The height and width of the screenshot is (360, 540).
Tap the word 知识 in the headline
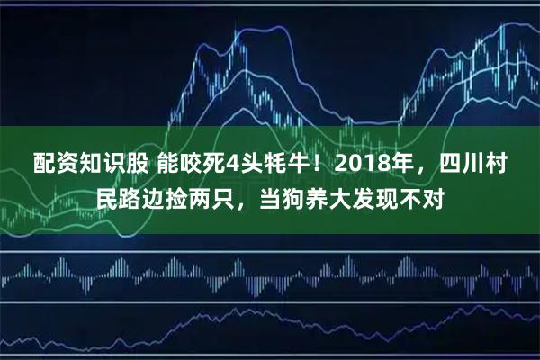pyautogui.click(x=95, y=164)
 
